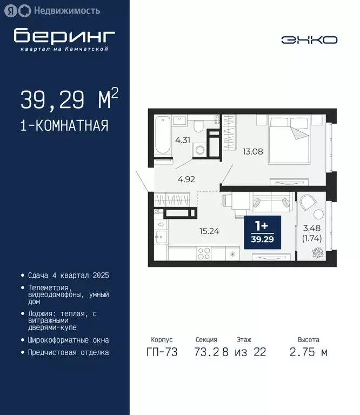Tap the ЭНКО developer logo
[x=309, y=39]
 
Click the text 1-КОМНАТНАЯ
[x=64, y=126]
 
